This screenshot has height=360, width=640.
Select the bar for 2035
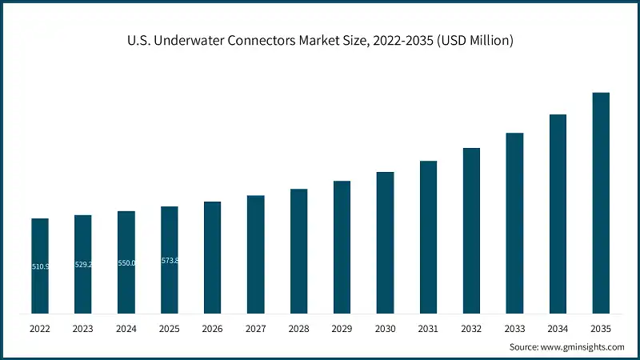(x=601, y=203)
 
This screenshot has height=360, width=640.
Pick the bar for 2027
(x=255, y=254)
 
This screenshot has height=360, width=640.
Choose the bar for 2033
(x=514, y=223)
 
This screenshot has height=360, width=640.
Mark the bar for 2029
(x=342, y=247)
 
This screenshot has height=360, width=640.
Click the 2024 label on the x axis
(x=126, y=328)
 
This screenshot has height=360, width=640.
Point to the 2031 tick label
(x=428, y=328)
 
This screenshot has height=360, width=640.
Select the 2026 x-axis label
(x=212, y=328)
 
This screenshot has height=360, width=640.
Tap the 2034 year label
(x=558, y=328)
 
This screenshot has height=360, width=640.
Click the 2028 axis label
(x=298, y=328)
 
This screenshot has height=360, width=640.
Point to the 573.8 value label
(x=170, y=261)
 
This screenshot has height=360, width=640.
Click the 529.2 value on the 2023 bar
(x=83, y=264)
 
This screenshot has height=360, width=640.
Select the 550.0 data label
(x=126, y=263)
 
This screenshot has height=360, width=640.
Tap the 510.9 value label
(x=40, y=266)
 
